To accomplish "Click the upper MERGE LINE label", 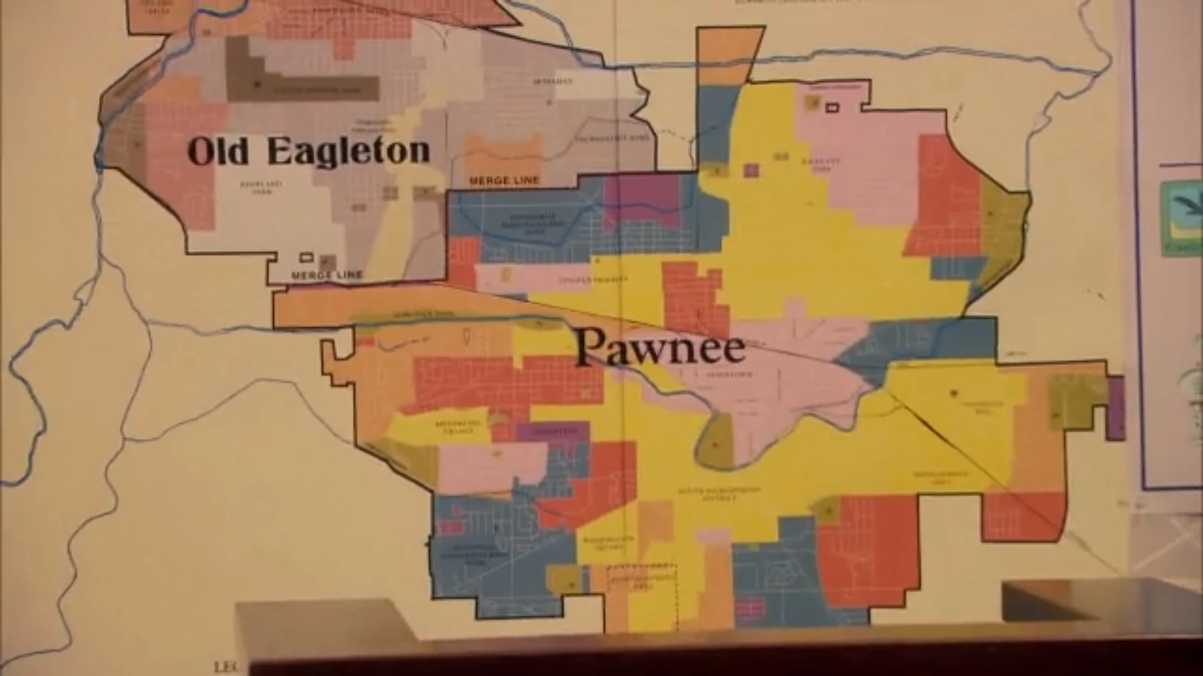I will point(504,181).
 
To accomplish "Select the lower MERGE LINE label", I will point(326,275).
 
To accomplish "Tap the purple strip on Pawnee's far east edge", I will point(1115,407).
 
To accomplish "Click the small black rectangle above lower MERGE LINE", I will point(306,257).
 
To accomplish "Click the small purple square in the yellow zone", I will point(751,170).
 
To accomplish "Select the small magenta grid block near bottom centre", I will point(750,607).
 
